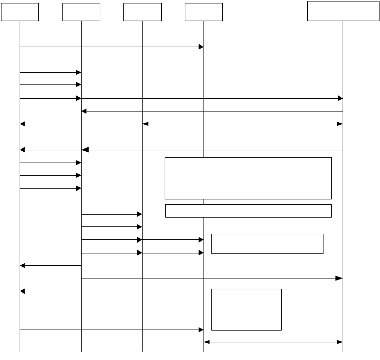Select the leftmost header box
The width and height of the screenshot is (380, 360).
tap(20, 12)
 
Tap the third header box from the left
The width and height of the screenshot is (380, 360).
tap(142, 12)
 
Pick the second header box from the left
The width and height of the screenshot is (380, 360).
tap(81, 12)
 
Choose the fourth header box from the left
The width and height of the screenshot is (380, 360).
tap(203, 12)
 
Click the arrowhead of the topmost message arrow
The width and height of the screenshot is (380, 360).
tap(201, 47)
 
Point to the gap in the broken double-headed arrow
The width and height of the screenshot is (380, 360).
tap(242, 124)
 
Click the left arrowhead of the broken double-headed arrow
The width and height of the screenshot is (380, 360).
tap(146, 124)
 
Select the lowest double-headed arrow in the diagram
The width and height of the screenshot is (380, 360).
tap(273, 341)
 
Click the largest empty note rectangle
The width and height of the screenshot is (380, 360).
tap(248, 178)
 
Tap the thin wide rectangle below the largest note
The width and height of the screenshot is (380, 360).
tap(248, 211)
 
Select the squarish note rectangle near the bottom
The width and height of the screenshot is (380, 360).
tap(246, 309)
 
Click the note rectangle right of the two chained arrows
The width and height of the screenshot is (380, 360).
tap(267, 244)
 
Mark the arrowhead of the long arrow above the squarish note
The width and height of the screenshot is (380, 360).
tap(339, 278)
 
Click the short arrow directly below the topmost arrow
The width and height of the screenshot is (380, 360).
tap(50, 72)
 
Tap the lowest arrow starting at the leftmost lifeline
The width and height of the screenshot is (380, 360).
tap(111, 330)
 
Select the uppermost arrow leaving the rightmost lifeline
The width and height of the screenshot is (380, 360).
tap(211, 111)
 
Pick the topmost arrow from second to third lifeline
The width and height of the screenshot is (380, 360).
tap(111, 214)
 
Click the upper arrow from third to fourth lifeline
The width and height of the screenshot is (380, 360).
tap(172, 240)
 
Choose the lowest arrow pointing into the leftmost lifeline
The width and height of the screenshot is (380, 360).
tap(50, 291)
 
